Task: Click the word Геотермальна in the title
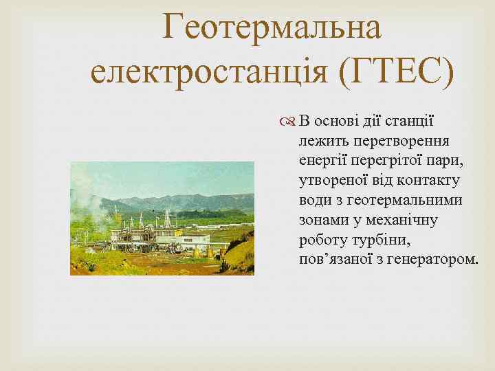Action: (x=272, y=28)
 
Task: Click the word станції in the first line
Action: (x=408, y=122)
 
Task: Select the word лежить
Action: (x=323, y=142)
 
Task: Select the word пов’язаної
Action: (x=333, y=260)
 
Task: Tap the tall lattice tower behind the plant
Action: (x=166, y=218)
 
